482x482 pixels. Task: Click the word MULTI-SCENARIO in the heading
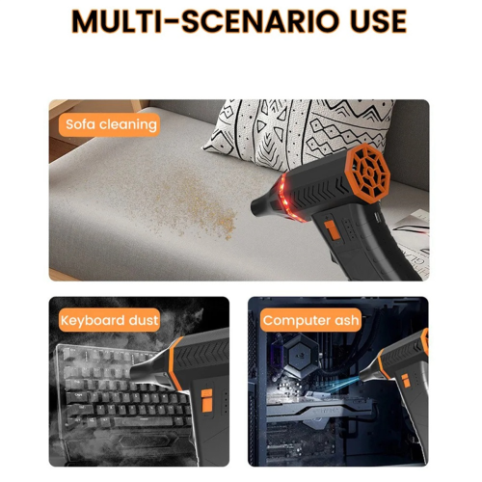pos(205,21)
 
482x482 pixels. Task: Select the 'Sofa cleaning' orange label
pos(109,124)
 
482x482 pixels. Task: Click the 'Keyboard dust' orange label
pos(109,320)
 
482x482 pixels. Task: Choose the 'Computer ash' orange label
pos(310,320)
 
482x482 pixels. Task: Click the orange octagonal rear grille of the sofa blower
pos(369,173)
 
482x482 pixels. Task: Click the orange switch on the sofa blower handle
pos(332,229)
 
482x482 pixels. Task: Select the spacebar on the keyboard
pos(139,421)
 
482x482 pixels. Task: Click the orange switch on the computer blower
pos(406,381)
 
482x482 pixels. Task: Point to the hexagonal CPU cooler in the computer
pos(302,356)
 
